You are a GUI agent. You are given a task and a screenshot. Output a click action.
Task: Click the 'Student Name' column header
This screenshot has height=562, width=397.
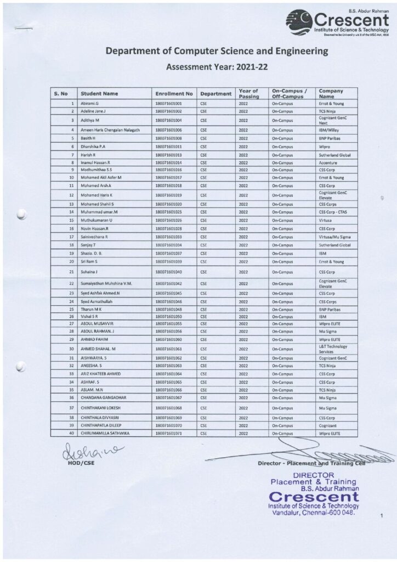click(x=99, y=94)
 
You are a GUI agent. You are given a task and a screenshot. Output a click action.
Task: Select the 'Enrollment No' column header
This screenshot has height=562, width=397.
click(x=174, y=94)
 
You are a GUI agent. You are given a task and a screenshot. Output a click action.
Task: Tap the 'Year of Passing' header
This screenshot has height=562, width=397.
click(x=248, y=93)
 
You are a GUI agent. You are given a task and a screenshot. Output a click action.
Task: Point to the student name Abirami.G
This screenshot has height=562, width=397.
click(x=89, y=103)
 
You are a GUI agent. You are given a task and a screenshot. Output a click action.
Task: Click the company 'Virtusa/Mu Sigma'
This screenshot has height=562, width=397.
click(x=336, y=237)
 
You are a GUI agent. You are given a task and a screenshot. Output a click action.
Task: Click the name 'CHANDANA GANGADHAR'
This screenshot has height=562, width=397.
click(x=104, y=397)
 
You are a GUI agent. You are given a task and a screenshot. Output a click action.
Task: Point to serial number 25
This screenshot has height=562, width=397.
click(x=71, y=310)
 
